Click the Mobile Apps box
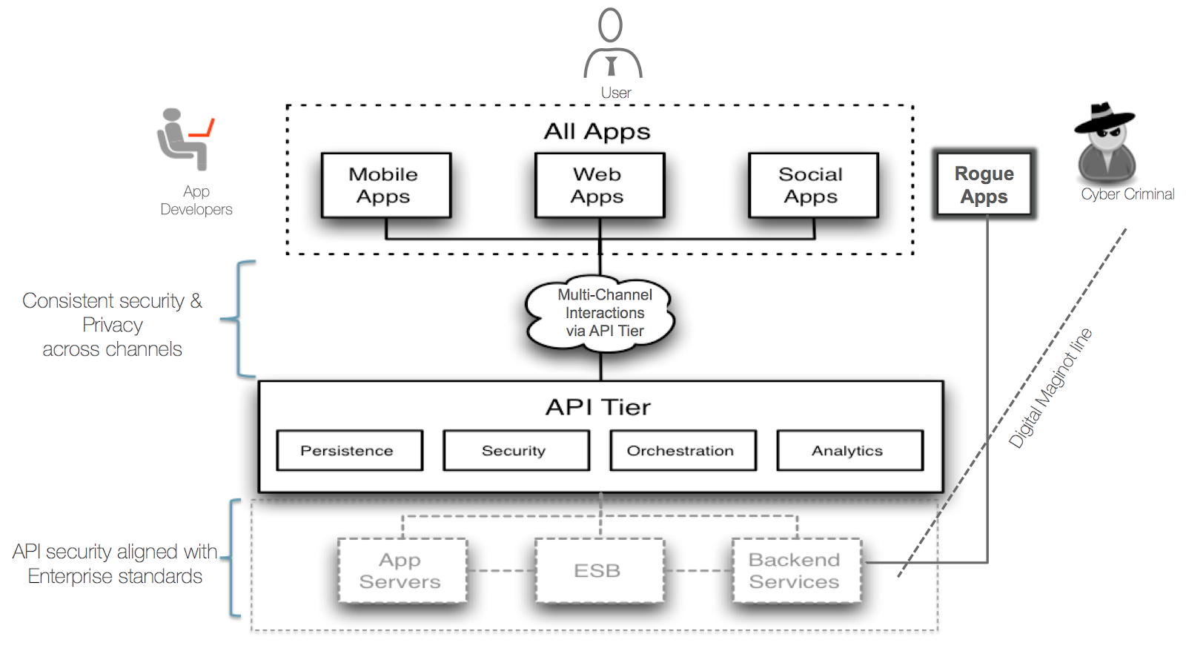point(385,185)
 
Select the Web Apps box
point(599,185)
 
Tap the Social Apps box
point(813,185)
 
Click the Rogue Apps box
point(984,185)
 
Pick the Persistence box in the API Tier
point(349,450)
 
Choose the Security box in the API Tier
point(516,450)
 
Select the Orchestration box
point(683,450)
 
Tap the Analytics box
point(849,450)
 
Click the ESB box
point(599,570)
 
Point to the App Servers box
point(402,570)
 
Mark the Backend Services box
point(796,570)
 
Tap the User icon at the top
point(612,44)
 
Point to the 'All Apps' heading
point(597,131)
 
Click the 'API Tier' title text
point(598,407)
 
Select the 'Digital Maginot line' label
point(1050,388)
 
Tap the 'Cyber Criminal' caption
point(1127,194)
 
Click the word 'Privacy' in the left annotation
point(113,325)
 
